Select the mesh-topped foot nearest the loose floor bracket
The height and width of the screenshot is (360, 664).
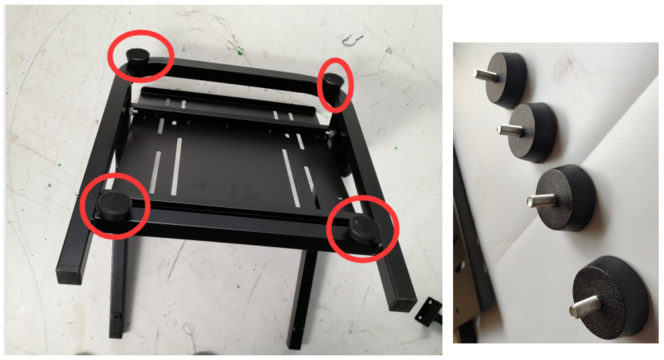pos(364,229)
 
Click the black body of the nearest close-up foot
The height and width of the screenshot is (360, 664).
pos(614,292)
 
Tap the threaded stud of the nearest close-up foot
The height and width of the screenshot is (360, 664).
pos(584,307)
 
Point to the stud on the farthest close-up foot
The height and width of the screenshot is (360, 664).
pos(484,74)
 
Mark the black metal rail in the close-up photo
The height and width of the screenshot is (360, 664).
pos(472,252)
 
